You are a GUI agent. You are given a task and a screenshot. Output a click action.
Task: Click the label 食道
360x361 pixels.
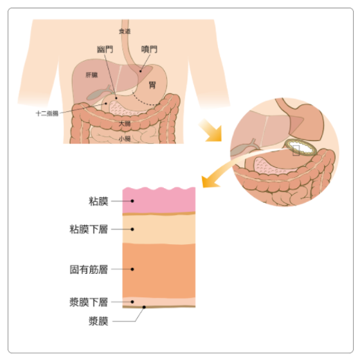(125, 31)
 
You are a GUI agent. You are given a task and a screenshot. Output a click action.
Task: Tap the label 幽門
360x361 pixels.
(105, 49)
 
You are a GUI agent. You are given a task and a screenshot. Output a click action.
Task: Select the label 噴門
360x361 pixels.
(150, 49)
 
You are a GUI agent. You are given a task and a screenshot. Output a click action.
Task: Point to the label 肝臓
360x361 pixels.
(91, 75)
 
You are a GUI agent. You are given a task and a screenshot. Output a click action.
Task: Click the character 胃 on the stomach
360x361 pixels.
(152, 85)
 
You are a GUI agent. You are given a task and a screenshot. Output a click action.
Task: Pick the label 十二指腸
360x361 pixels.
(47, 113)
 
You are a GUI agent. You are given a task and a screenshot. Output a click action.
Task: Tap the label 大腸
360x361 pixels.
(125, 124)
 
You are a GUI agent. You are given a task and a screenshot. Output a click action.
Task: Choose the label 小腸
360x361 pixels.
(125, 138)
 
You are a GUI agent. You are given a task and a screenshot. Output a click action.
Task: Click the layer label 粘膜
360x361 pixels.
(98, 201)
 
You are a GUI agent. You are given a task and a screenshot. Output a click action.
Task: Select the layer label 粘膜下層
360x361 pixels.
(89, 230)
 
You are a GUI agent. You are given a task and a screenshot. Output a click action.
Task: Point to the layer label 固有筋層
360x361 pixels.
(89, 269)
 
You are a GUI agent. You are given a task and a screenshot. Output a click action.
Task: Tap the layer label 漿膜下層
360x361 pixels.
(89, 302)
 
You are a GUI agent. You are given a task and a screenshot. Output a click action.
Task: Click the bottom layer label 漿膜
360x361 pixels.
(98, 321)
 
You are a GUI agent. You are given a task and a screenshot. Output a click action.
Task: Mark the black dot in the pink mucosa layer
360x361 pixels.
(132, 201)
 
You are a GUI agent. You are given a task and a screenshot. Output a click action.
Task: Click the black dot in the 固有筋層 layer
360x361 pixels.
(132, 269)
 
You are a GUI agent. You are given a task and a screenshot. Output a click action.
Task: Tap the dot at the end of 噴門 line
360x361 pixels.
(141, 71)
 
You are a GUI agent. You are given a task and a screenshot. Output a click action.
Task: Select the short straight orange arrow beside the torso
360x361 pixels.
(210, 131)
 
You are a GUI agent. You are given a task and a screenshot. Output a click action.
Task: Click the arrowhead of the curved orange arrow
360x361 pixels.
(210, 181)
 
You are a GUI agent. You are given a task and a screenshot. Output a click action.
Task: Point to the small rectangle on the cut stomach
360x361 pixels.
(296, 150)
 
